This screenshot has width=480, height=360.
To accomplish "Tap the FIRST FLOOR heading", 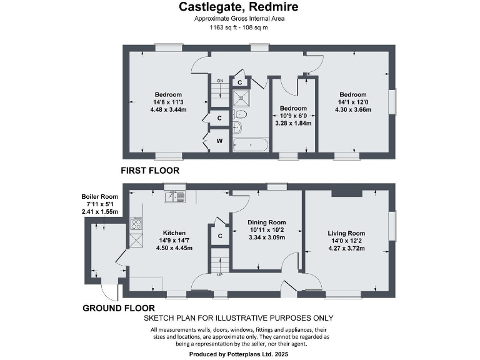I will (x=151, y=170).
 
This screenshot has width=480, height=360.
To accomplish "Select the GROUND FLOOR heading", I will (x=119, y=308).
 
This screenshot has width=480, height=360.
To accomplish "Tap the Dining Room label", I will (x=266, y=222).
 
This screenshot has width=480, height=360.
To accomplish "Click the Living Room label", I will (x=346, y=233).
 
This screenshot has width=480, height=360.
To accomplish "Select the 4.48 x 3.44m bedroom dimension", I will (x=169, y=109).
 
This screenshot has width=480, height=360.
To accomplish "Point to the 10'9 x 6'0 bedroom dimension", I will (x=293, y=116).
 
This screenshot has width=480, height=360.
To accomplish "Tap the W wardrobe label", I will (x=219, y=141).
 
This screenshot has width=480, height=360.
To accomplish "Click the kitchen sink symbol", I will (x=176, y=196).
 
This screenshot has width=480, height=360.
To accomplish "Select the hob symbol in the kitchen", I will (x=136, y=222).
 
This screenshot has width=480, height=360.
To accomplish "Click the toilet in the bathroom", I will (x=241, y=115).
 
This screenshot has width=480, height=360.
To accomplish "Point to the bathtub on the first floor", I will (x=249, y=144).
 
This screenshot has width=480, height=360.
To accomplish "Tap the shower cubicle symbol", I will (x=241, y=97).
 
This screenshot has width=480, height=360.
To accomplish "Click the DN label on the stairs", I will (x=219, y=81).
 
